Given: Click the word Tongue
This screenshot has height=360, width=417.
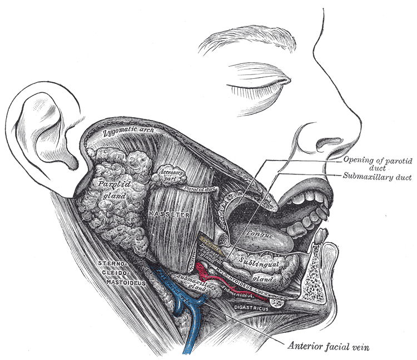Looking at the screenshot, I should tap(261, 236).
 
